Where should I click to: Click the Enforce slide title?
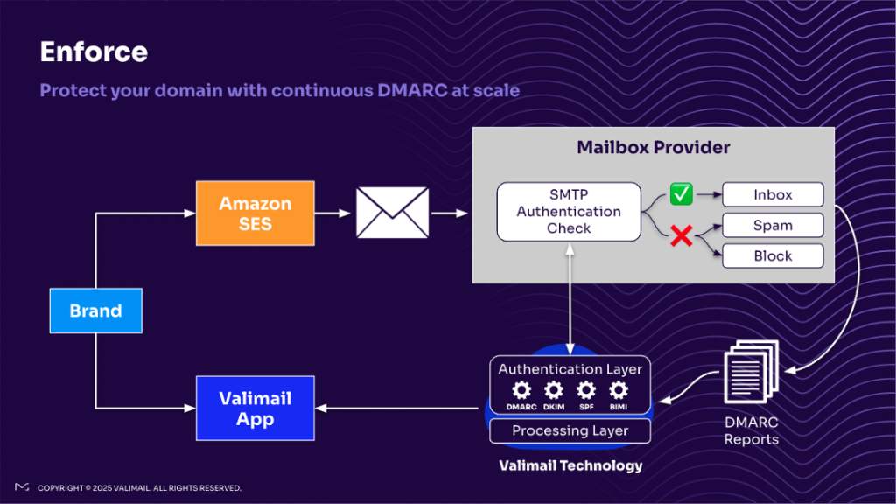pos(94,52)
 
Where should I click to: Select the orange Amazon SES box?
pos(255,213)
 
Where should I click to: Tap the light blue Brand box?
pos(95,311)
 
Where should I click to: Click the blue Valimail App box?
pos(255,409)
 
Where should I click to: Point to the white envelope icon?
pos(392,213)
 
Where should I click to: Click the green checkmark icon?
pos(681,193)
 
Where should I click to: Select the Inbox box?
pos(773,194)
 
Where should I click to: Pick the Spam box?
pos(773,225)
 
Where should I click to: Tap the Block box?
pos(773,255)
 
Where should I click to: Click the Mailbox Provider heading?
pos(653,147)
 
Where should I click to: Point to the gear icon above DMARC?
pos(521,390)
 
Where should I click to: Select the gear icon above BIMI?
pos(619,390)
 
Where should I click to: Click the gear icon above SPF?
pos(586,390)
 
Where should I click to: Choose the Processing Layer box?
pos(570,430)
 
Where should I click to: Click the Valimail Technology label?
pos(570,465)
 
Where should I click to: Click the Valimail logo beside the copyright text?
pos(22,487)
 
